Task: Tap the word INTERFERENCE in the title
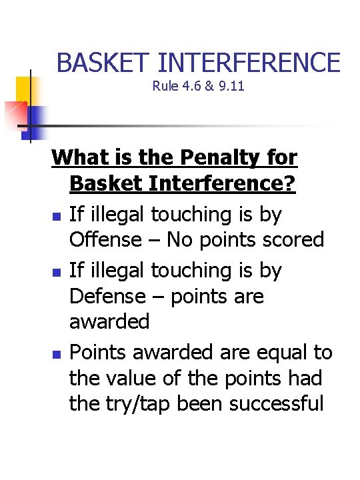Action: tap(249, 63)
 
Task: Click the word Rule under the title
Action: tap(163, 86)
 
